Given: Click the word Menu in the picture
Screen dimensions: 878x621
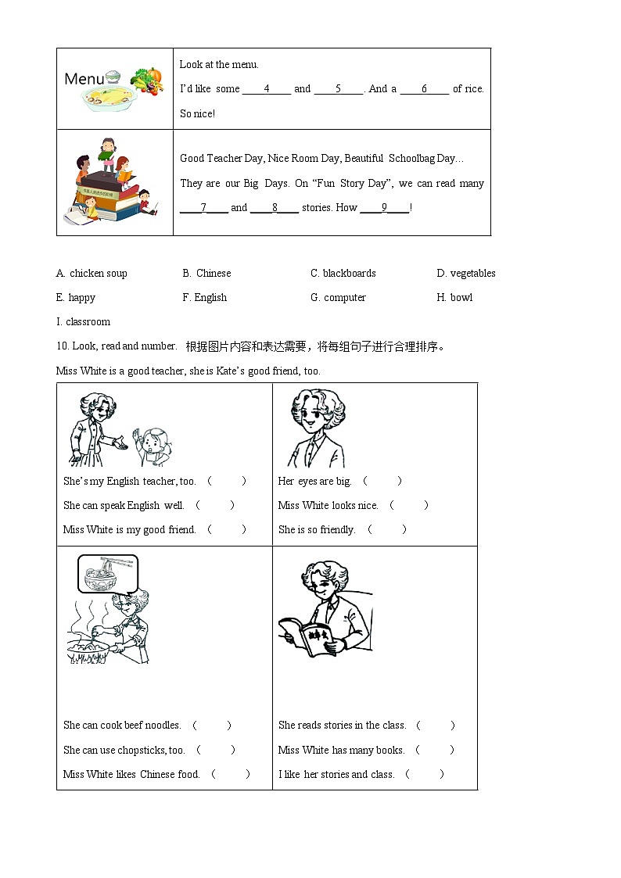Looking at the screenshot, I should point(84,79).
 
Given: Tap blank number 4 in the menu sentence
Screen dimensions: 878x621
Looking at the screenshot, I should point(267,89).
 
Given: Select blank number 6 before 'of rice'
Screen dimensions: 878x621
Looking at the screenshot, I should point(424,89).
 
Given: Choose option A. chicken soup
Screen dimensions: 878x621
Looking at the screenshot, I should point(92,274).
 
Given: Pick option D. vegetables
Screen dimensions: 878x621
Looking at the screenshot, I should point(466,274).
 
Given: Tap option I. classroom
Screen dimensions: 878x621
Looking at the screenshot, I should point(83,322).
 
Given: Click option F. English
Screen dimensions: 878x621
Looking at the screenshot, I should point(204,298).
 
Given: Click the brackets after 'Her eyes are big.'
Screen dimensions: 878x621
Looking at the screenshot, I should point(382,482).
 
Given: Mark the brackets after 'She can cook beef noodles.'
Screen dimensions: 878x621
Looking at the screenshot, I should point(212,726).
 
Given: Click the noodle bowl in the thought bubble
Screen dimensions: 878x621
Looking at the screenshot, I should point(106,574).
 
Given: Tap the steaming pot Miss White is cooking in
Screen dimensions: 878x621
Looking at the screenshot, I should point(87,648).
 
